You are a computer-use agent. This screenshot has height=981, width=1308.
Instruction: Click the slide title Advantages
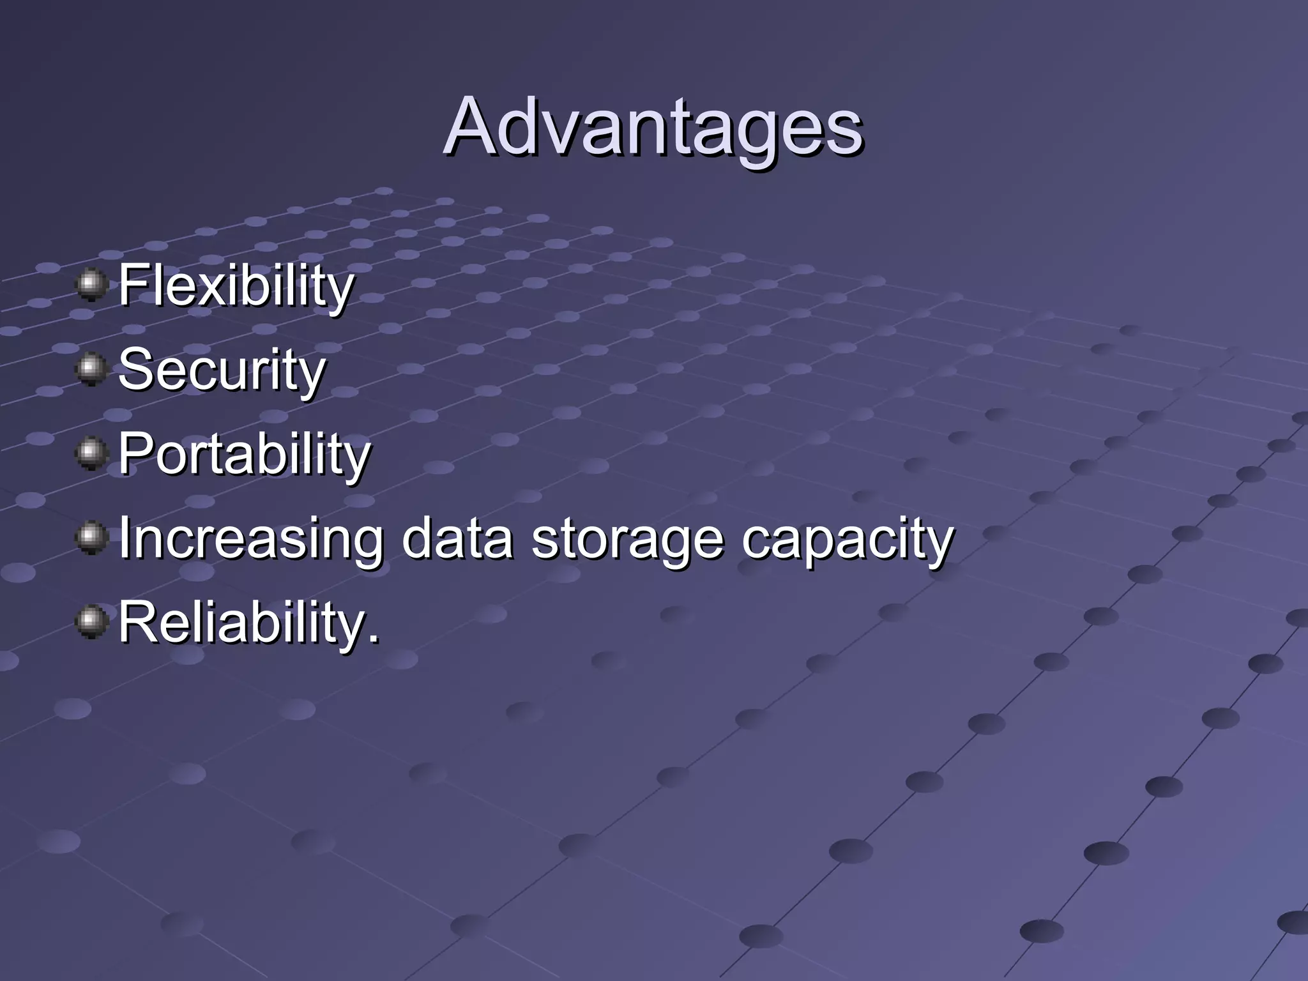653,128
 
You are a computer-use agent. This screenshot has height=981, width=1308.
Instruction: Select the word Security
222,370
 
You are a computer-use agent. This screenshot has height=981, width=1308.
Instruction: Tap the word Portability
244,454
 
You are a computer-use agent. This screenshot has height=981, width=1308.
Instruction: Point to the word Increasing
251,538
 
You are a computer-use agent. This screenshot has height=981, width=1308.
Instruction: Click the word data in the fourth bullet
457,538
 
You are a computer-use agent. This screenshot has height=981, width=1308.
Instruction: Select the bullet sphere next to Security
92,369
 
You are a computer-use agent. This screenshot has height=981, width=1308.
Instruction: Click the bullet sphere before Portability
92,453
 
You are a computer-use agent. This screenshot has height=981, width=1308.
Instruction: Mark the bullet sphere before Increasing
92,537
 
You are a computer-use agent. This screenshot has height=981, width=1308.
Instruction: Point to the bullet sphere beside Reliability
92,621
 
